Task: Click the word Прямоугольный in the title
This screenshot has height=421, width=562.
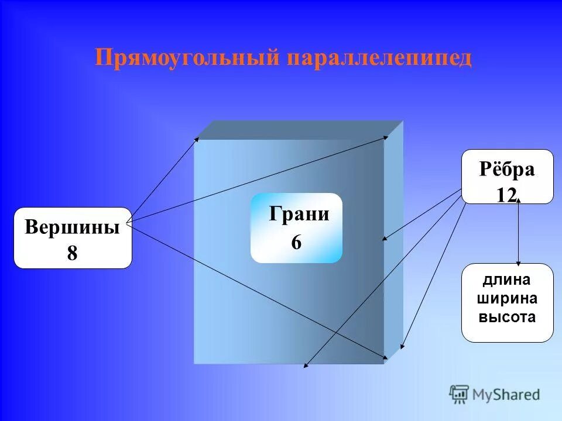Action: click(187, 58)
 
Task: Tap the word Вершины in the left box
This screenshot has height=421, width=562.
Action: click(72, 227)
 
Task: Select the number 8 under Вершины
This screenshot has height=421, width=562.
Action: click(72, 253)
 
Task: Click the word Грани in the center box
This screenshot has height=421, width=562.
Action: click(299, 214)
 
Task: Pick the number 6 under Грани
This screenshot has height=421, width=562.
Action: click(296, 242)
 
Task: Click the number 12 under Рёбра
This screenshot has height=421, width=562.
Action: click(506, 195)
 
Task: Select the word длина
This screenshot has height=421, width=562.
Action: click(507, 280)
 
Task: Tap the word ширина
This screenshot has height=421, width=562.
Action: click(507, 299)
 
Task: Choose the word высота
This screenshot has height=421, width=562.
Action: click(507, 318)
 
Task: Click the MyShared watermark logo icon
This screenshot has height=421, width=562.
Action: click(459, 394)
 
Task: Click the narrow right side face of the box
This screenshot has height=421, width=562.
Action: click(393, 240)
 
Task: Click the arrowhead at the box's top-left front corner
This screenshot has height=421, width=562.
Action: click(197, 139)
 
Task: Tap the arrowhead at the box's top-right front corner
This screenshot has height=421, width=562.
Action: click(386, 138)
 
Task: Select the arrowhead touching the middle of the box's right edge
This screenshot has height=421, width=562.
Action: click(385, 239)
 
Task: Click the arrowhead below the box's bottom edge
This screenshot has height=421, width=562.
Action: click(306, 367)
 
